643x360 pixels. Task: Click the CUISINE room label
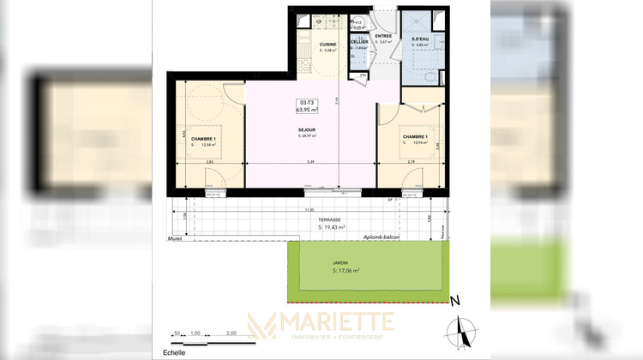coord(328,44)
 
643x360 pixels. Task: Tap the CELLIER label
coord(359,41)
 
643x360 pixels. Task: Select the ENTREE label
coord(383,36)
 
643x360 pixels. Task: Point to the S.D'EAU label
coord(419,39)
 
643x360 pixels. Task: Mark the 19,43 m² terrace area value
coord(330,227)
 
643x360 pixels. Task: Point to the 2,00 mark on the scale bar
coord(231,333)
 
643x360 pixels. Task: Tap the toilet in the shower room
coord(431,76)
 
